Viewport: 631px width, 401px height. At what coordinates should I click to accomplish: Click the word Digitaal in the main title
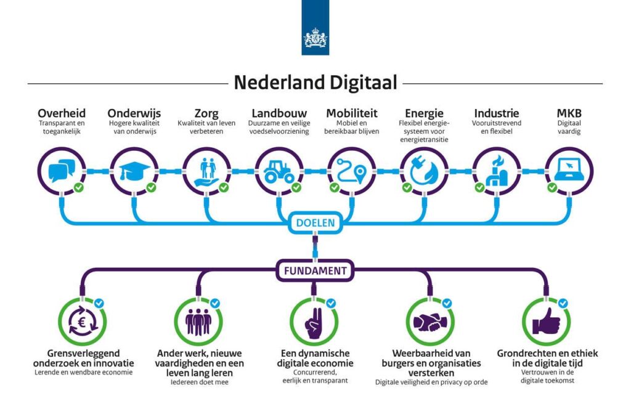pos(363,83)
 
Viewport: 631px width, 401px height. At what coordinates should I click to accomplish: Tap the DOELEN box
pos(315,223)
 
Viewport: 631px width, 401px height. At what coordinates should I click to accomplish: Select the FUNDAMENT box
pos(315,270)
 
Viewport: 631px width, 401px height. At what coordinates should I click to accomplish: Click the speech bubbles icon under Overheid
pos(62,171)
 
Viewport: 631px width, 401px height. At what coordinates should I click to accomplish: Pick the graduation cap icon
pos(134,171)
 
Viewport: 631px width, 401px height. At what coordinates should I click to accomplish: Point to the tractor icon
pos(279,172)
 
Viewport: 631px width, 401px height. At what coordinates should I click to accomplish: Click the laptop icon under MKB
pos(569,170)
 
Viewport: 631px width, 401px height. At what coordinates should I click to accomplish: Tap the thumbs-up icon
pos(546,322)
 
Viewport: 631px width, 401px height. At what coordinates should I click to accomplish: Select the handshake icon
pos(429,322)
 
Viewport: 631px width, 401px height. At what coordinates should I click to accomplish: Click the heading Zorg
pos(206,113)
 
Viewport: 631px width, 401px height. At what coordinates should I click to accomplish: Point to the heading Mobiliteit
pos(352,113)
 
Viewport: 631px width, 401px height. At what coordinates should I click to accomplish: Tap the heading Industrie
pos(497,113)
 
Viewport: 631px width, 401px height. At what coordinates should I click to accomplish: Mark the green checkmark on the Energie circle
pos(407,187)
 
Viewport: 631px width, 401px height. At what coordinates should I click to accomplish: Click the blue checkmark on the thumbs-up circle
pos(563,303)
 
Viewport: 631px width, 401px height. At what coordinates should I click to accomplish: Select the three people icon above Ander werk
pos(198,322)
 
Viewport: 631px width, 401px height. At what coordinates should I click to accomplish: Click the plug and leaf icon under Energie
pos(424,171)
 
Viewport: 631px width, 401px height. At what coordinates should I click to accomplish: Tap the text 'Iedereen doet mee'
pos(199,382)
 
